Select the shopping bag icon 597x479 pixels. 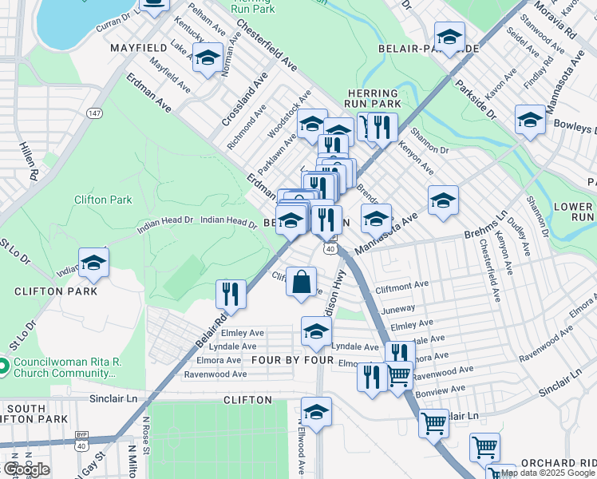[x=301, y=283]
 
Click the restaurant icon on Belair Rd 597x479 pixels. [x=231, y=293]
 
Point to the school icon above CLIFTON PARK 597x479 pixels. [x=94, y=263]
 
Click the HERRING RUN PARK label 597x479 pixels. [x=374, y=98]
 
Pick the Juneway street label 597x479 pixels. [x=399, y=307]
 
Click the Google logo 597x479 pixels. [x=26, y=469]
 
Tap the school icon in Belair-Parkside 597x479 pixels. [x=449, y=37]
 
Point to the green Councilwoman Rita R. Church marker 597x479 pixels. [x=4, y=366]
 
